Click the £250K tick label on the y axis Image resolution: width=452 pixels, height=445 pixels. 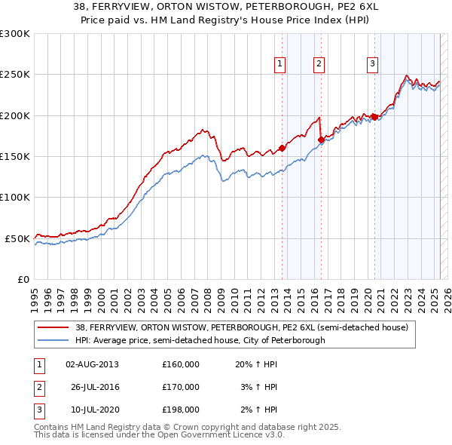(15, 75)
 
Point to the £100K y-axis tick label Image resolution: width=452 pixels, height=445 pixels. (15, 197)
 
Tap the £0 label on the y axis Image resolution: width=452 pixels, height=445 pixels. (24, 279)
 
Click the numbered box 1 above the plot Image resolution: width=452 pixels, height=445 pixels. (279, 64)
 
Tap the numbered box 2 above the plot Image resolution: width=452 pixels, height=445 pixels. (319, 64)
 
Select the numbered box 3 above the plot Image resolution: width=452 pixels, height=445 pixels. (372, 64)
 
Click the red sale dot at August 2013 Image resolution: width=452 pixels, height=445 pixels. (282, 148)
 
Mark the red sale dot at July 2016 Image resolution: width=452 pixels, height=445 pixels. (322, 140)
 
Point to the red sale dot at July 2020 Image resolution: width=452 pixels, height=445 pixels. (374, 117)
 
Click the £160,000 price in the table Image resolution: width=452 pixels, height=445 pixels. (181, 364)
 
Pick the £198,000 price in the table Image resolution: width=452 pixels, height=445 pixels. (181, 410)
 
